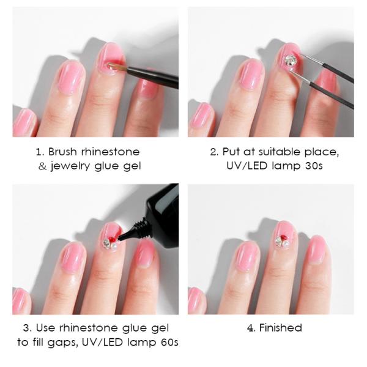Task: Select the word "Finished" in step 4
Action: [x=280, y=328]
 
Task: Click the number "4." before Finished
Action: [x=251, y=328]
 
